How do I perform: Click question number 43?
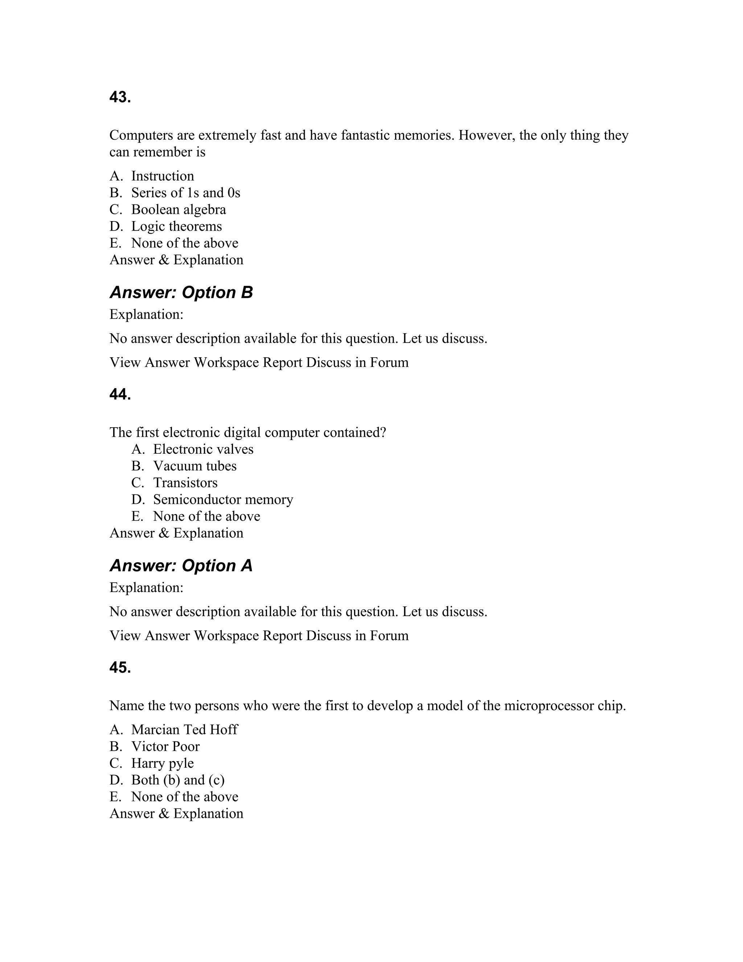point(120,97)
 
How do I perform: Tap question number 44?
point(120,395)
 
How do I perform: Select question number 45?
point(120,668)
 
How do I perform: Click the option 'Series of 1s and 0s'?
point(185,193)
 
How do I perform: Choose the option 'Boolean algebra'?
point(178,210)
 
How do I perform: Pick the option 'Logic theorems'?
point(176,227)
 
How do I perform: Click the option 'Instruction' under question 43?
point(163,176)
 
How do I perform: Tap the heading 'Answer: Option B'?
point(181,293)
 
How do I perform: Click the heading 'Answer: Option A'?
point(181,566)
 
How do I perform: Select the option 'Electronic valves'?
point(203,449)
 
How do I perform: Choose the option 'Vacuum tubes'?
point(194,466)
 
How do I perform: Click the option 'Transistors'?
point(185,483)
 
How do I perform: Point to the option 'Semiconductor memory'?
point(223,500)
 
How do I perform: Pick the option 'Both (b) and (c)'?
point(177,780)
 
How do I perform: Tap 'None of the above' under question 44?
point(206,516)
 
